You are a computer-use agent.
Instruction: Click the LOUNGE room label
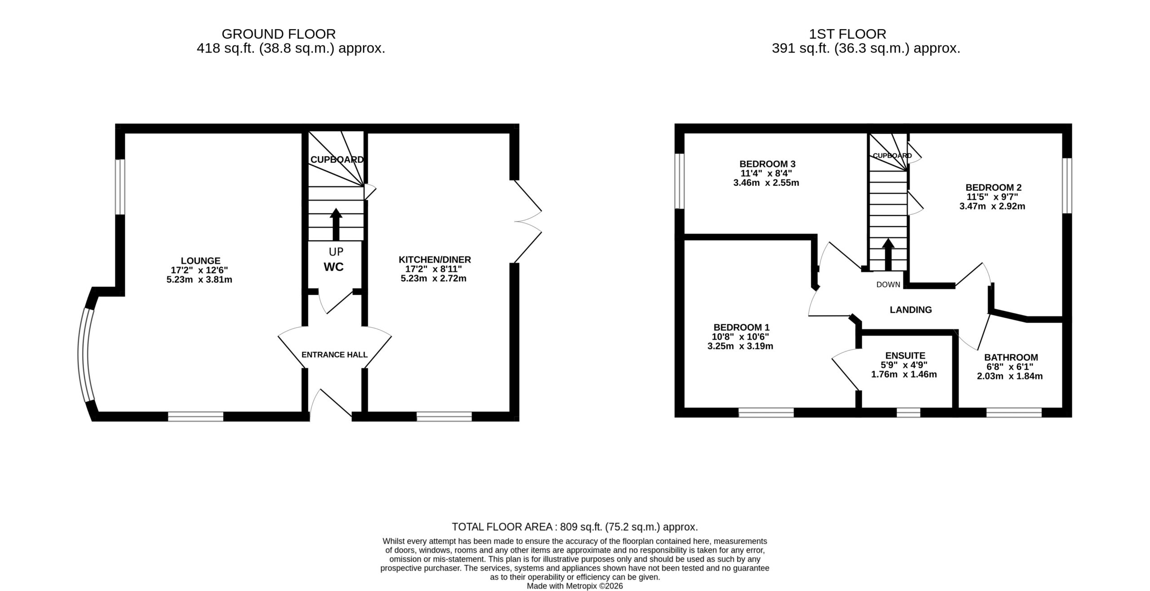[200, 261]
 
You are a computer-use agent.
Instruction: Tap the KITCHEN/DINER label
[434, 259]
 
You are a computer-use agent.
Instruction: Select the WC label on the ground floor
[334, 267]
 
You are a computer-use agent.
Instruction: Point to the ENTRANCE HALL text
[334, 355]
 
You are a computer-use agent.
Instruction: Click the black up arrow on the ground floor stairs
[336, 224]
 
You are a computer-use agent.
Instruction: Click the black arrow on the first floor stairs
[888, 254]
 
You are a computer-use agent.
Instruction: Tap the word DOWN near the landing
[888, 285]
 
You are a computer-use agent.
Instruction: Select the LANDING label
[911, 310]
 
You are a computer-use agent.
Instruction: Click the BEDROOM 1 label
[738, 328]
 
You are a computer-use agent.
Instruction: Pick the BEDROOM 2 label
[992, 187]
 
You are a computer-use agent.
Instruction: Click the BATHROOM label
[1011, 357]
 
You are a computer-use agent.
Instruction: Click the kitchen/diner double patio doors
[528, 221]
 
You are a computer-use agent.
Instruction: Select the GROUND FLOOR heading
[279, 34]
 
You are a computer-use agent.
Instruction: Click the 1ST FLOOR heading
[847, 34]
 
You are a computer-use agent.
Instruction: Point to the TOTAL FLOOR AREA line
[575, 526]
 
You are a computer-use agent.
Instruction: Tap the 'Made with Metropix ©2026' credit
[575, 586]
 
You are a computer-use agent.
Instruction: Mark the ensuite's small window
[908, 412]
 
